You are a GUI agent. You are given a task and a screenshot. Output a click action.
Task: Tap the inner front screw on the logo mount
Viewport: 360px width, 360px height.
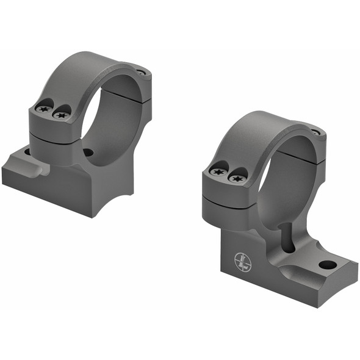[237, 178]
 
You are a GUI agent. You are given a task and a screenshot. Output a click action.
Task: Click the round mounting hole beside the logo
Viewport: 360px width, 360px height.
[327, 265]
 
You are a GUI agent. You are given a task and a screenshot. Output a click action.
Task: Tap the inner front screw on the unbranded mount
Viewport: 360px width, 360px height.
[61, 114]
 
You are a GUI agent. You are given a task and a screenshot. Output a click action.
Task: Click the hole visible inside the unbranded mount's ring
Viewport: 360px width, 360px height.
[88, 153]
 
